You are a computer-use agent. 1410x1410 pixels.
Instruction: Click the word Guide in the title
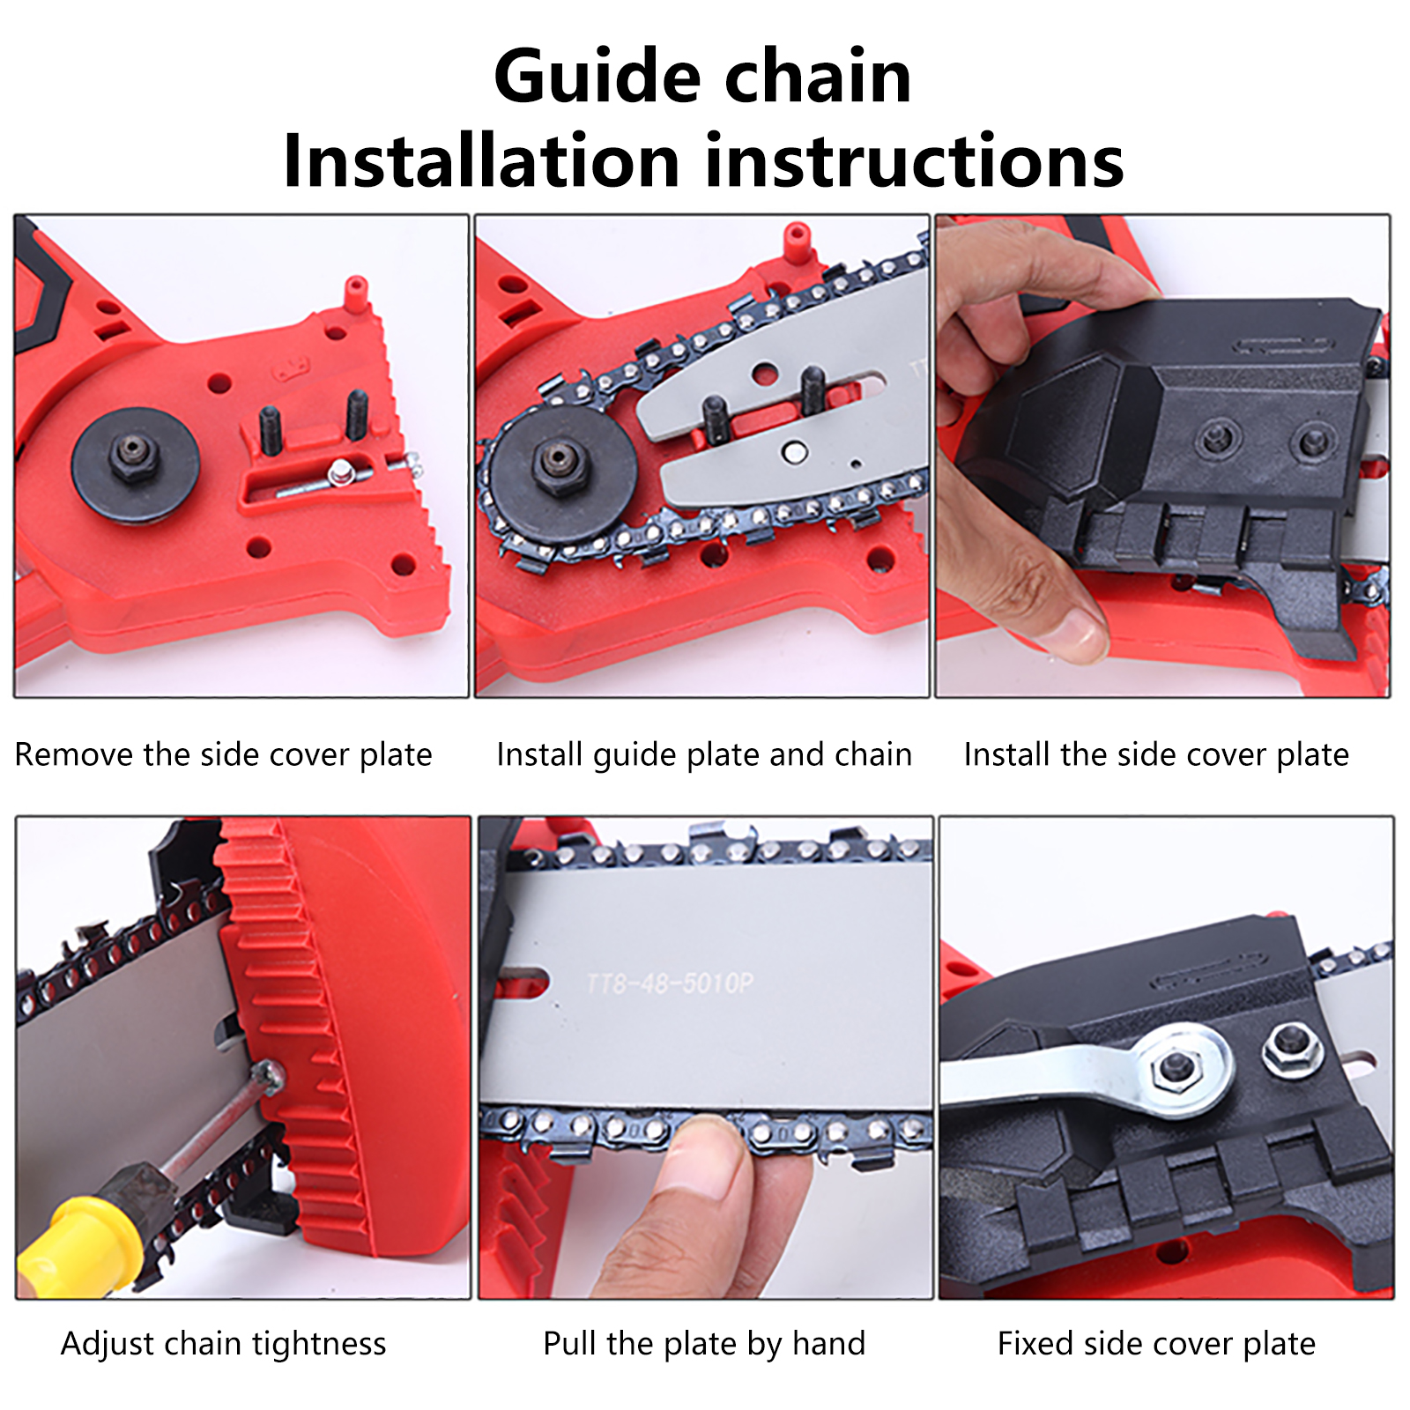(x=598, y=77)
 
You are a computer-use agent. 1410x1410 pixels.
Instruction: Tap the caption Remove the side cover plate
(x=224, y=755)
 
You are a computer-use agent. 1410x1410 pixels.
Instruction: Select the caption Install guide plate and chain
(x=704, y=755)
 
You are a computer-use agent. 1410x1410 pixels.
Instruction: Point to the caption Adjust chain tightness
(x=224, y=1345)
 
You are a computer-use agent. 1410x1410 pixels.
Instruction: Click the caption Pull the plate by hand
(x=704, y=1345)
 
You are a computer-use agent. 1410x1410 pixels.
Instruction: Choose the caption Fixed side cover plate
(x=1157, y=1345)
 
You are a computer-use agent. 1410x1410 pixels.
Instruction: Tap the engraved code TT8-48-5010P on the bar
(x=671, y=983)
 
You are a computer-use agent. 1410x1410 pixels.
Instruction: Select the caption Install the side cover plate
(x=1156, y=755)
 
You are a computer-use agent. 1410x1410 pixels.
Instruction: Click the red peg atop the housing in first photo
(x=355, y=293)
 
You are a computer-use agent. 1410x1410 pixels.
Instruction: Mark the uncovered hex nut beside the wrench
(x=1292, y=1049)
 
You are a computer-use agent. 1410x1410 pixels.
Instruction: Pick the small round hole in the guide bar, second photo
(x=794, y=452)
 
